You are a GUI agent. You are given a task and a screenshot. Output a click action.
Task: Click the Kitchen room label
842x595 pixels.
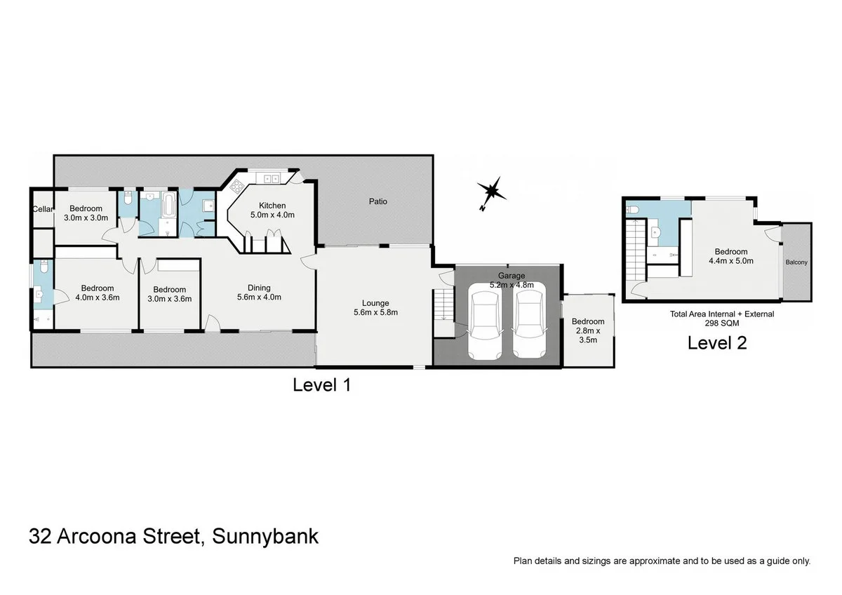(272, 210)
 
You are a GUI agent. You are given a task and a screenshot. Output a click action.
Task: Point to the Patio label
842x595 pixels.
(378, 201)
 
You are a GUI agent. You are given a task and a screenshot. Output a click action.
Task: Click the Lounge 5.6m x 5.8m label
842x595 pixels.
(375, 307)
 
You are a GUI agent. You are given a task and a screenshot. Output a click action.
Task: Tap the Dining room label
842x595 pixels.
(259, 292)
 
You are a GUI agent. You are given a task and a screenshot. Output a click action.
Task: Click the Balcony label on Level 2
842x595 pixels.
(796, 262)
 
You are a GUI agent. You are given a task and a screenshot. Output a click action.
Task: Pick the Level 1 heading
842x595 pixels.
(321, 385)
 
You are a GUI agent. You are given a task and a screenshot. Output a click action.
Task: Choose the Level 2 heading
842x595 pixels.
(716, 343)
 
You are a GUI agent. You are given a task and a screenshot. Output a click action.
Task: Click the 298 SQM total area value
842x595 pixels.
(721, 325)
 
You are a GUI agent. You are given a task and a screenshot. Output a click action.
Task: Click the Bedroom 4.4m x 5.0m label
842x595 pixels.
(730, 256)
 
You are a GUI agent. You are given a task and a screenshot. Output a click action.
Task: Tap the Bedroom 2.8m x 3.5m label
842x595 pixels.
(588, 330)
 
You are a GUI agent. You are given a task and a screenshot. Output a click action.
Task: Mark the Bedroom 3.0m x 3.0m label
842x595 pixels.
(86, 213)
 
